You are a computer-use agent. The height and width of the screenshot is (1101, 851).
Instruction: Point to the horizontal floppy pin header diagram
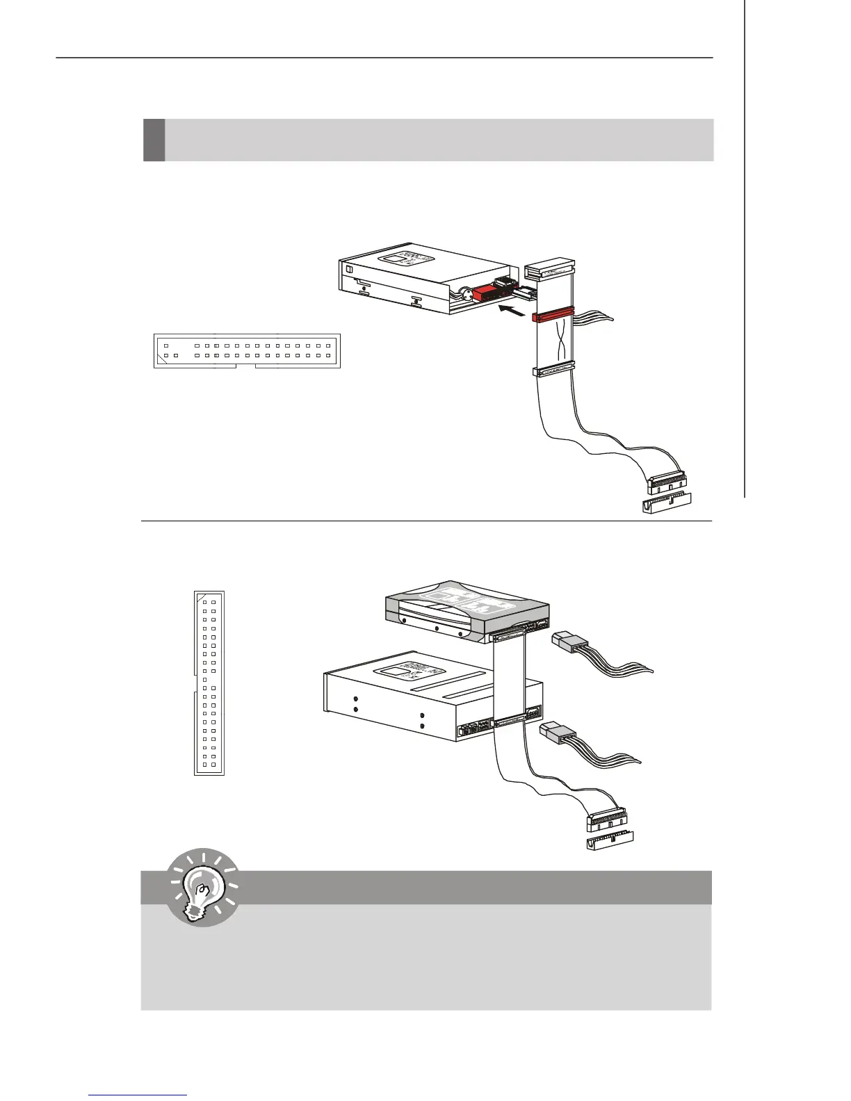click(247, 350)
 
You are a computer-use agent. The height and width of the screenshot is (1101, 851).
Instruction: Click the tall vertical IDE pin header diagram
click(209, 683)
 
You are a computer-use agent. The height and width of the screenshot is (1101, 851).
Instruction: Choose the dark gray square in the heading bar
click(154, 140)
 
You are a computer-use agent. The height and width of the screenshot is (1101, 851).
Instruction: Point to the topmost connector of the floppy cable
click(549, 268)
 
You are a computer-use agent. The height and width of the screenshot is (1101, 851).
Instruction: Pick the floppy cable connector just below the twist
click(554, 371)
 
